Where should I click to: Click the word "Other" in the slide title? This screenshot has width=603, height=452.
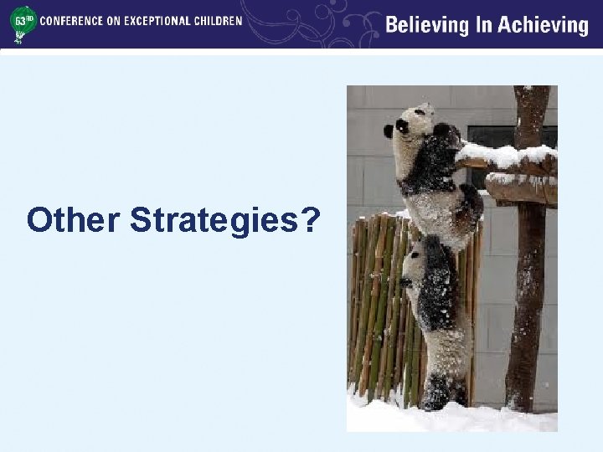click(74, 220)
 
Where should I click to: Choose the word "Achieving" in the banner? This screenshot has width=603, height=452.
click(544, 26)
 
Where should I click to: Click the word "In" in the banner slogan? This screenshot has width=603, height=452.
click(484, 25)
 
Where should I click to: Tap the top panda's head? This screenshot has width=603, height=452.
click(410, 126)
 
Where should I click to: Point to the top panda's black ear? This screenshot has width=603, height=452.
click(389, 131)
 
